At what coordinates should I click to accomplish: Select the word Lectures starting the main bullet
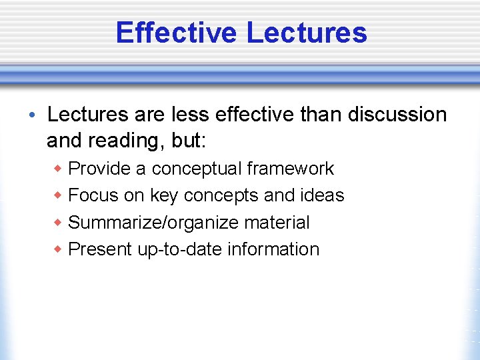coord(88,115)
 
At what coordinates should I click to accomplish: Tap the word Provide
coord(99,169)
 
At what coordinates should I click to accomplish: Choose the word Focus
coord(94,195)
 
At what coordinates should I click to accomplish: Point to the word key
coord(164,195)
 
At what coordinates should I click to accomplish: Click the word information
coord(273,249)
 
